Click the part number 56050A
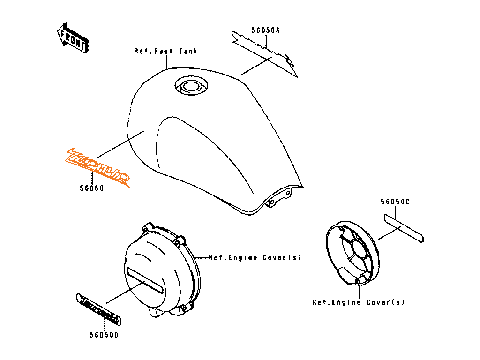265,30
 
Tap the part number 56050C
395,202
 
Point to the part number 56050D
104,335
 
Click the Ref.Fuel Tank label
166,51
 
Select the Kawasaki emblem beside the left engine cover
99,309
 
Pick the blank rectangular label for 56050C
404,228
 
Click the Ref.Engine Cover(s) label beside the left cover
255,257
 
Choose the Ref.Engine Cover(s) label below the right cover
358,302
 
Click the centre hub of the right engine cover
360,248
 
